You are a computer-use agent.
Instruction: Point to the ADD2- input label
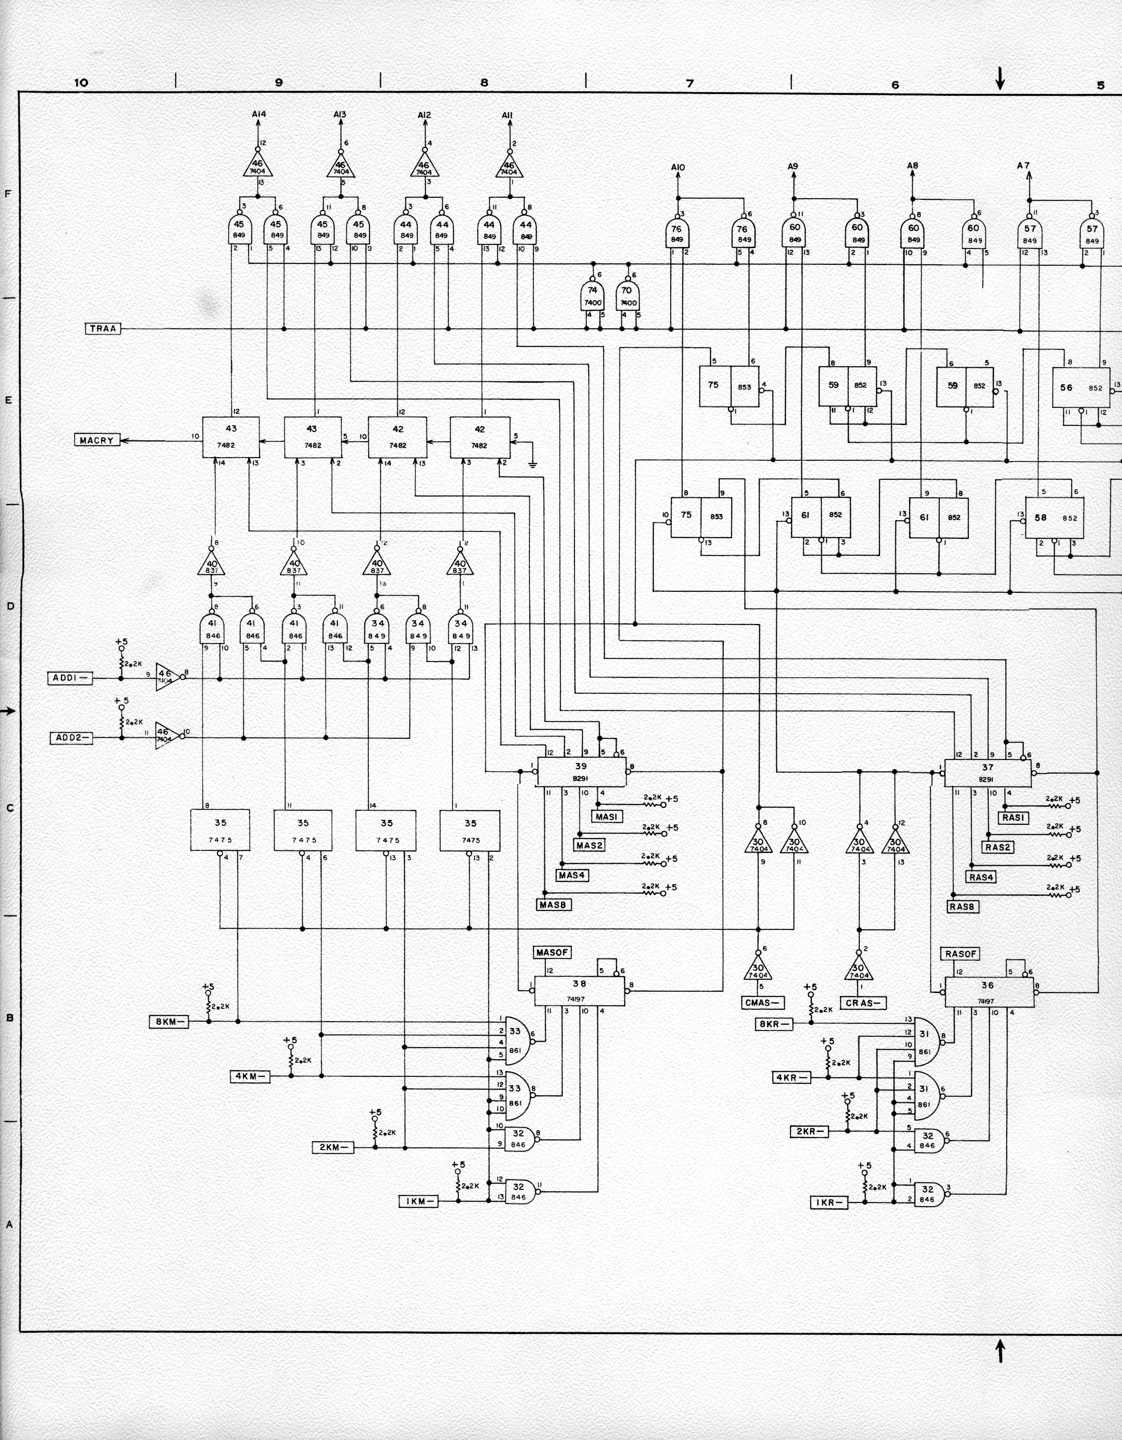(x=71, y=738)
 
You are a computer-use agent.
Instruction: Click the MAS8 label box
(x=554, y=905)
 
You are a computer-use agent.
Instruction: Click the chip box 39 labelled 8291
(x=581, y=771)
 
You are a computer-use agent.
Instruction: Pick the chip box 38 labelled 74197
(x=579, y=990)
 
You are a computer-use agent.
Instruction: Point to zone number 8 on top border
(x=484, y=83)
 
